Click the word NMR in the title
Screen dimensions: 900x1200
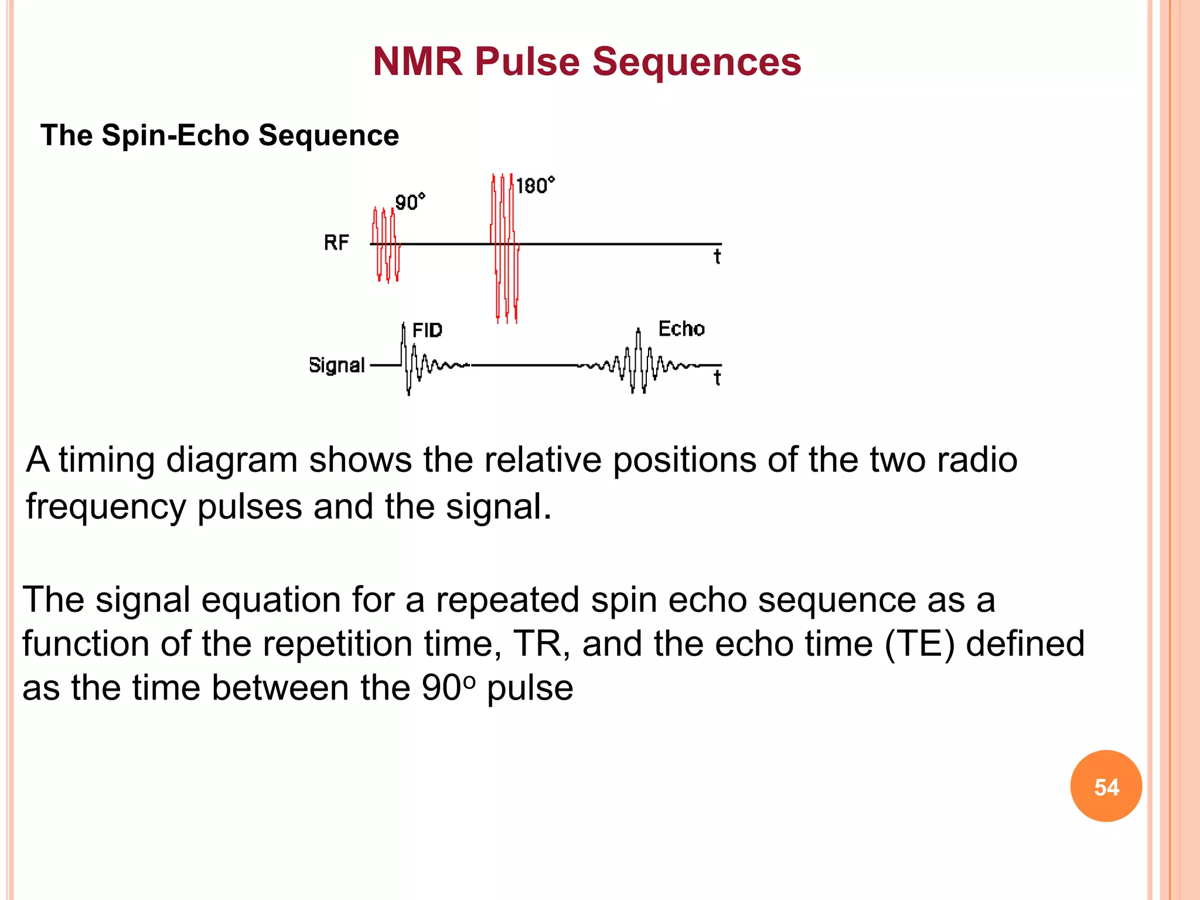click(418, 62)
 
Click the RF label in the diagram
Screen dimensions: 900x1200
click(336, 243)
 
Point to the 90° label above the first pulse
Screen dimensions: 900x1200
click(410, 202)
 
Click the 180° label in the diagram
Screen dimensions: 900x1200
click(535, 186)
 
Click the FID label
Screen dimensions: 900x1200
click(427, 330)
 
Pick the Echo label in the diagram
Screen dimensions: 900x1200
click(681, 329)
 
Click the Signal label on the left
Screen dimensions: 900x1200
click(336, 365)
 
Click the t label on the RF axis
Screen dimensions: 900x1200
click(717, 257)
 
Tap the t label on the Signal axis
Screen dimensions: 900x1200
click(717, 378)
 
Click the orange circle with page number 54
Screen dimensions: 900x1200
click(1106, 786)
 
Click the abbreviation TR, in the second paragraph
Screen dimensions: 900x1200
click(542, 644)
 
